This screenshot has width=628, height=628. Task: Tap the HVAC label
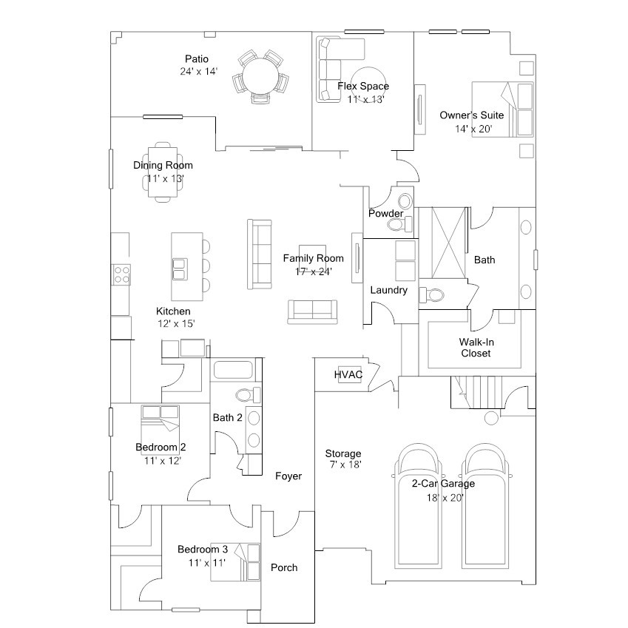(348, 374)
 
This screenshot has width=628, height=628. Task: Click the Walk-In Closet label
(476, 347)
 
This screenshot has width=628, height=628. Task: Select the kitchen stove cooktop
(121, 274)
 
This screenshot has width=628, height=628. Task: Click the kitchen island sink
(180, 269)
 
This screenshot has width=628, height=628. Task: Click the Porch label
(284, 567)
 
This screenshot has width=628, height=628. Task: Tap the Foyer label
(288, 476)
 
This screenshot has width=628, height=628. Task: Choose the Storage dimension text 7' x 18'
(343, 465)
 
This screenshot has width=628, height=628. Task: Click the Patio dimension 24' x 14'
(198, 72)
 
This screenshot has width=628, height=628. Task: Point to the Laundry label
(389, 290)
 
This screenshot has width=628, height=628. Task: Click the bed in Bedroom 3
(236, 561)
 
